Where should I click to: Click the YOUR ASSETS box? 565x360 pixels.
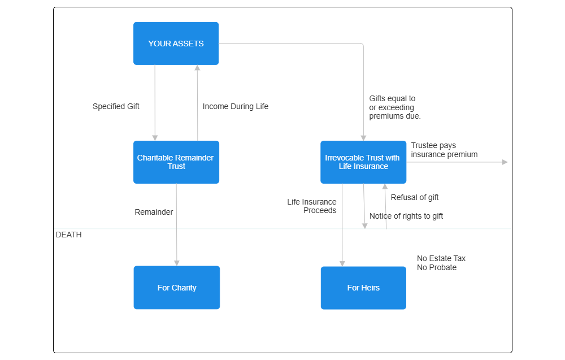tap(176, 44)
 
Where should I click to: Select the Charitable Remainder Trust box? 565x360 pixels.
tap(176, 162)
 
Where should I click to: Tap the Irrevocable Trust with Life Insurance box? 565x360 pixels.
tap(363, 162)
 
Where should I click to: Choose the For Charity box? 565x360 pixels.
tap(176, 288)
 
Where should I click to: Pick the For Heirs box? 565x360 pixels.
tap(363, 288)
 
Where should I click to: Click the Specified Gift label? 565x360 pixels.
tap(116, 106)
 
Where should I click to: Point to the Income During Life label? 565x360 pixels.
tap(235, 106)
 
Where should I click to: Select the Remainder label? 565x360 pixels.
tap(154, 212)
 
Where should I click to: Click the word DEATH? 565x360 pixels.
tap(68, 235)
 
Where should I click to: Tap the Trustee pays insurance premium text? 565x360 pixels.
tap(444, 150)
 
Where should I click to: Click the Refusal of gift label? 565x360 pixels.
tap(415, 197)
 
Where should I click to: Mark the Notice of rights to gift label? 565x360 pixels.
tap(406, 216)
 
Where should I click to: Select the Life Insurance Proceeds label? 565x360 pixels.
tap(312, 206)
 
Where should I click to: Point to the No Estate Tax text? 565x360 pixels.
tap(441, 258)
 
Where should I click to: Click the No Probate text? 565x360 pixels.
tap(437, 267)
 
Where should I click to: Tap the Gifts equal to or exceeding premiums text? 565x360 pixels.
tap(395, 107)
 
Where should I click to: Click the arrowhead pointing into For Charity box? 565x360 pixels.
tap(176, 263)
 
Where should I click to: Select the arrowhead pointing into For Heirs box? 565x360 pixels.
tap(342, 263)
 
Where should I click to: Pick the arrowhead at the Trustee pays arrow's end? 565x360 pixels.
tap(505, 162)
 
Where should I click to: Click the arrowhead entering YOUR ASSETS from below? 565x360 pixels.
tap(197, 68)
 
